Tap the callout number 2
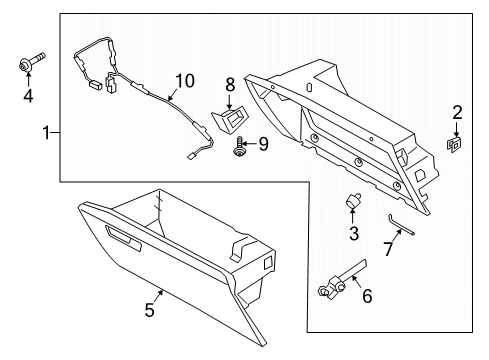(x=457, y=112)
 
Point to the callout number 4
(x=27, y=97)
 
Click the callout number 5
(x=148, y=310)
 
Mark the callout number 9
(x=263, y=144)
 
